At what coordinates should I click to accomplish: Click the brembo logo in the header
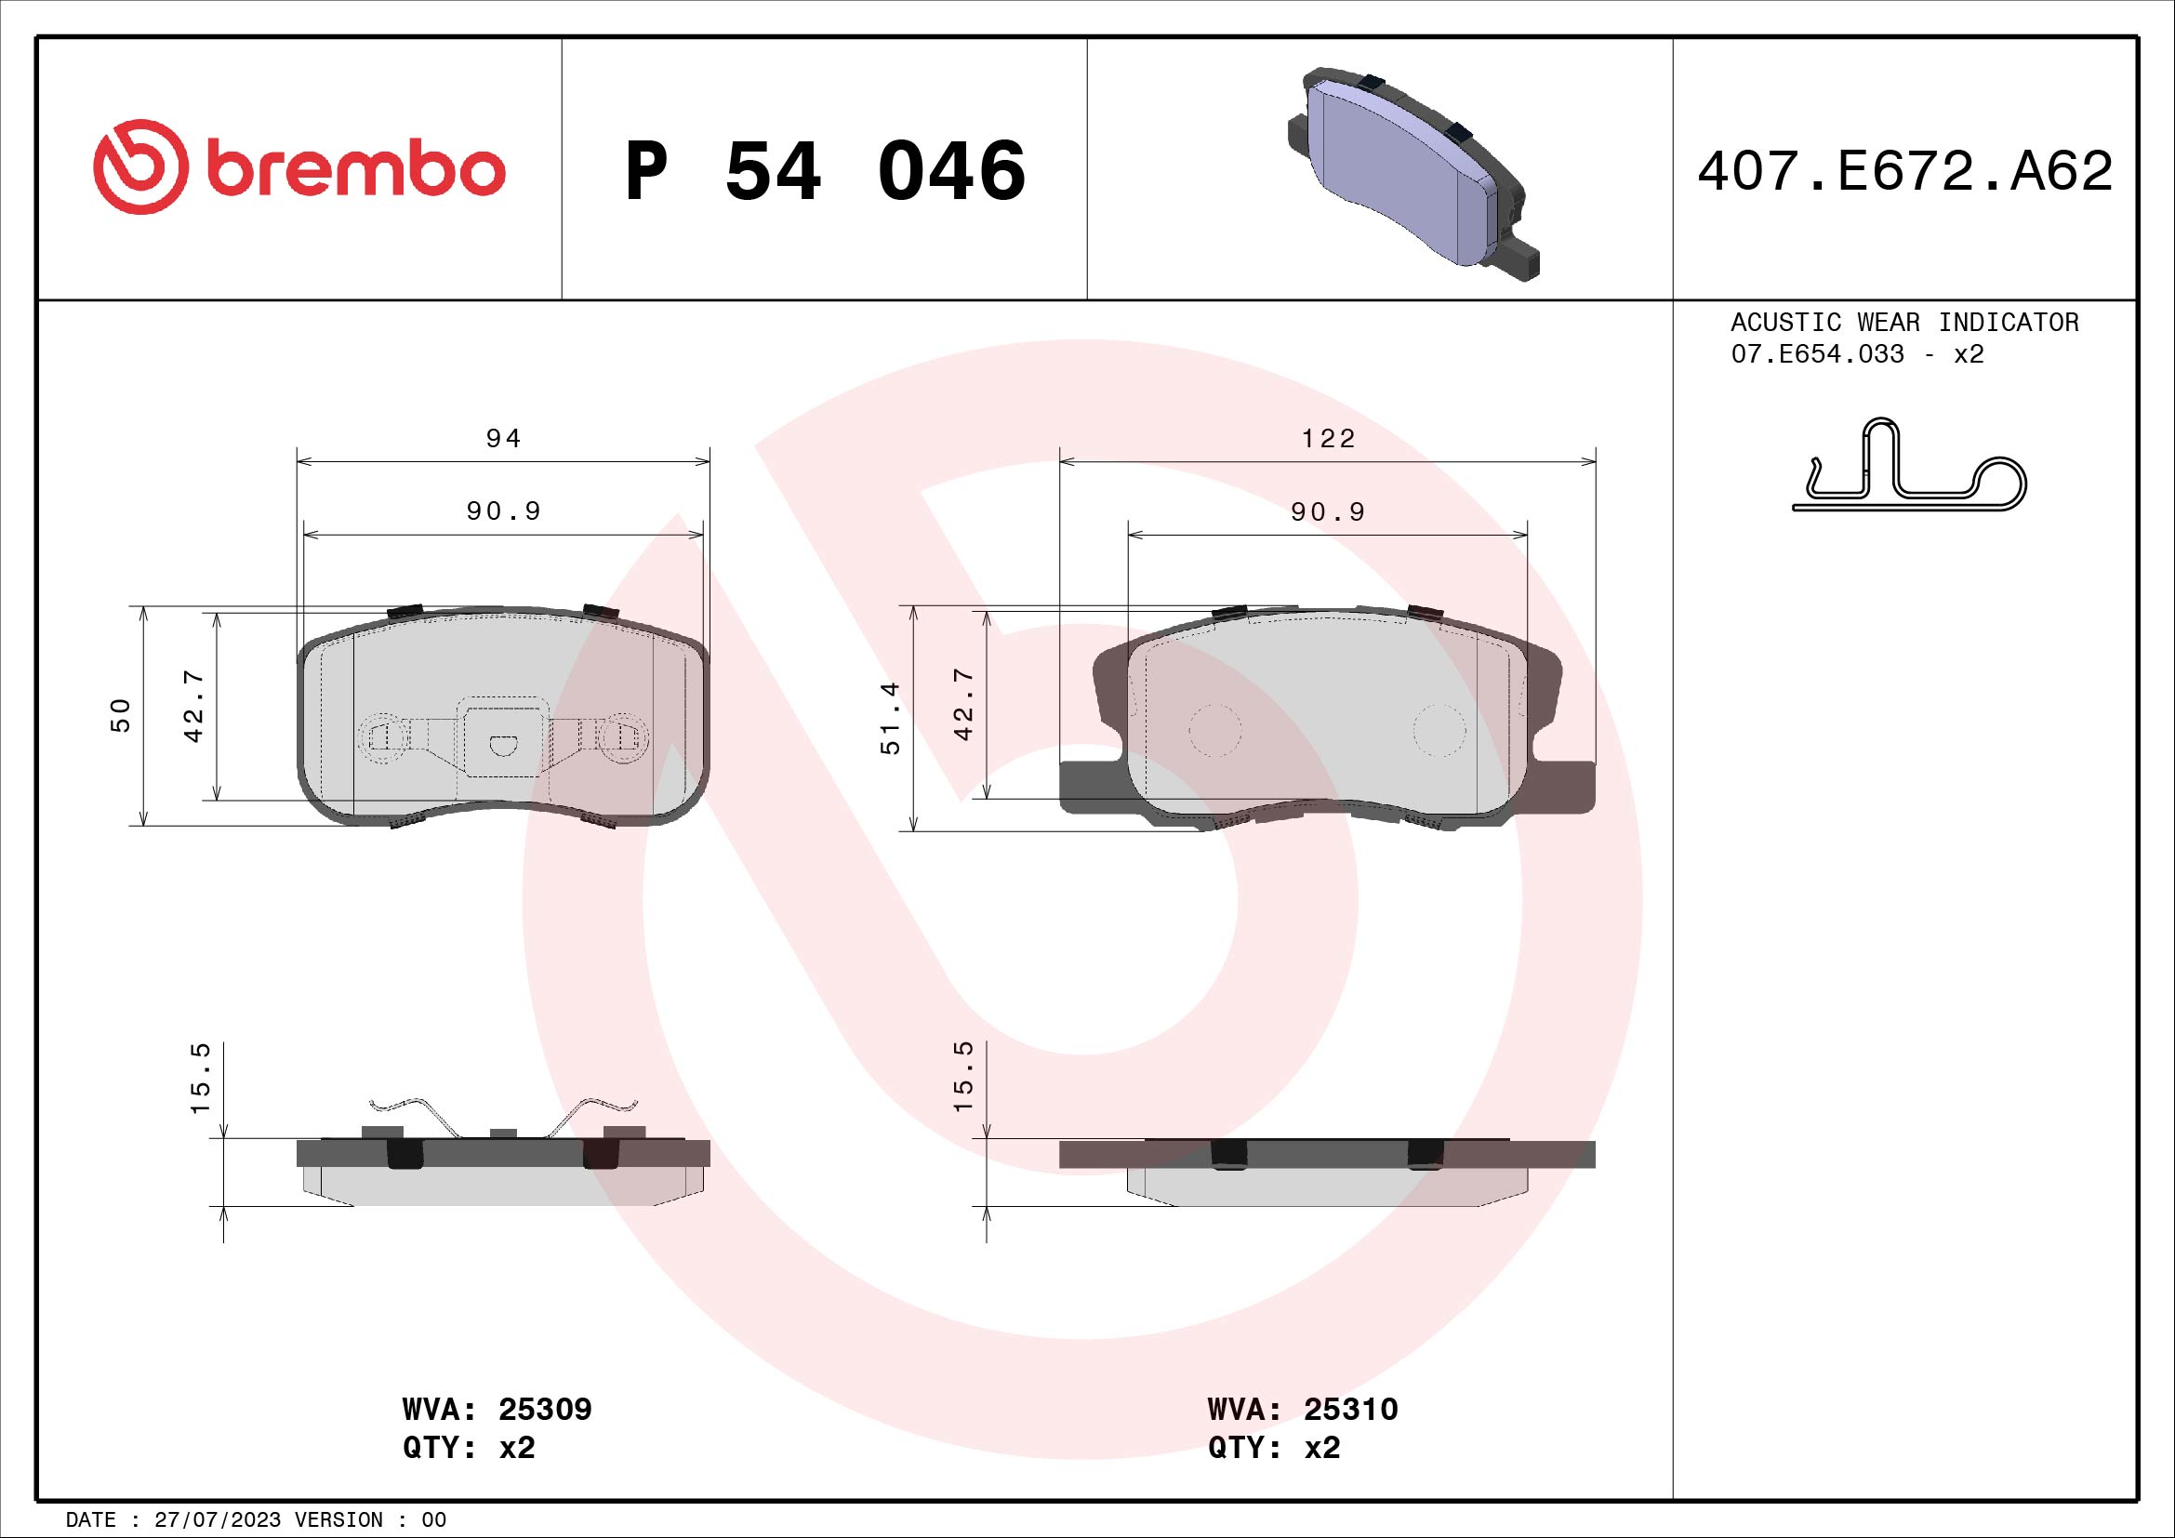(x=299, y=168)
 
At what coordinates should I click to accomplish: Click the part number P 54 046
(x=824, y=171)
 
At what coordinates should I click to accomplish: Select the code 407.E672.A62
(x=1904, y=171)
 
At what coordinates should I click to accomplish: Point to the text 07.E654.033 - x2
(x=1857, y=354)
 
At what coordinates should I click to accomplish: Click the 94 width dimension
(x=503, y=439)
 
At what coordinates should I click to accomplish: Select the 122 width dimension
(x=1328, y=439)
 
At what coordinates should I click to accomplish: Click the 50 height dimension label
(x=121, y=715)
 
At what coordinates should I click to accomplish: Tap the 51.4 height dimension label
(x=891, y=718)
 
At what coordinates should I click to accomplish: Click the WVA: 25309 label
(x=497, y=1409)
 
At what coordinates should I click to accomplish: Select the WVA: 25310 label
(x=1303, y=1409)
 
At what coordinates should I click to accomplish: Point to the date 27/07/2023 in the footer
(x=217, y=1519)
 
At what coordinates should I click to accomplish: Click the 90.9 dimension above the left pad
(x=503, y=511)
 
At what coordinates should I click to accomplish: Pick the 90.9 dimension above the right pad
(x=1328, y=512)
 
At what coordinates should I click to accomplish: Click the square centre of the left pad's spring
(x=502, y=736)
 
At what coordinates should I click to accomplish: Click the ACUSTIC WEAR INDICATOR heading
(x=1904, y=322)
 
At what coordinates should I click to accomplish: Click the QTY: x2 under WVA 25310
(x=1274, y=1448)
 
